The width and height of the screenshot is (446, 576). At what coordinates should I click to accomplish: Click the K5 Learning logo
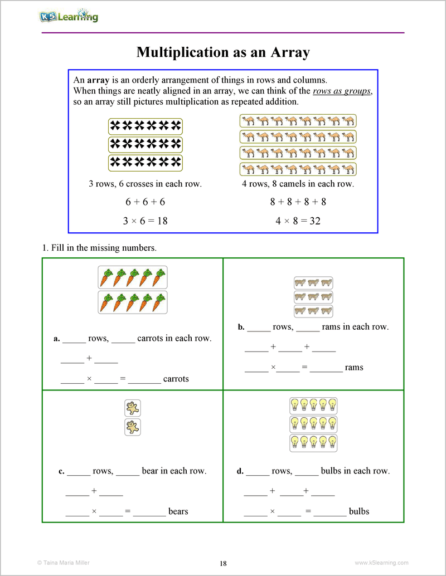(x=69, y=16)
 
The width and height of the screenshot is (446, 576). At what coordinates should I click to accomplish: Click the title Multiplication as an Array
(x=223, y=52)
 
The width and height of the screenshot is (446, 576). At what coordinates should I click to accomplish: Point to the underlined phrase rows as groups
(x=342, y=91)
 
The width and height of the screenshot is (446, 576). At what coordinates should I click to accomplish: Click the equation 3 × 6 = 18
(x=145, y=221)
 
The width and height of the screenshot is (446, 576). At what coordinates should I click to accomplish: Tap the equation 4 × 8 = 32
(x=298, y=221)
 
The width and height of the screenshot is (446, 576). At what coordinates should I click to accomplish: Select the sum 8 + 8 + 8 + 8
(x=298, y=202)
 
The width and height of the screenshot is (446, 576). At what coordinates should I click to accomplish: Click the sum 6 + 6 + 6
(x=145, y=202)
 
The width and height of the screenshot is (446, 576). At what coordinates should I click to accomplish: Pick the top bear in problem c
(x=133, y=408)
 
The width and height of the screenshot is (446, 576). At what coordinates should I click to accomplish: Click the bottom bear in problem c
(x=133, y=427)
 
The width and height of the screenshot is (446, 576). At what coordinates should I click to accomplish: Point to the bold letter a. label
(x=56, y=339)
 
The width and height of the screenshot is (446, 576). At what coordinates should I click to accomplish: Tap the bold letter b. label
(x=241, y=328)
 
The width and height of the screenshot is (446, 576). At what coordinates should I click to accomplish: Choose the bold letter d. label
(x=240, y=471)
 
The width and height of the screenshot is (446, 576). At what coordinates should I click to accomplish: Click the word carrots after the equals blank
(x=176, y=379)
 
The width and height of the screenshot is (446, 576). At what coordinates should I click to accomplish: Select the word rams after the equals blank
(x=354, y=368)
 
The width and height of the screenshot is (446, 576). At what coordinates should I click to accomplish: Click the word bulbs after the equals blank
(x=358, y=511)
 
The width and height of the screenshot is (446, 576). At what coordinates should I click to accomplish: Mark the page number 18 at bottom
(x=223, y=563)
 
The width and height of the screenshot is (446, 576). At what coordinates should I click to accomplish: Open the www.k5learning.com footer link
(x=381, y=563)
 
